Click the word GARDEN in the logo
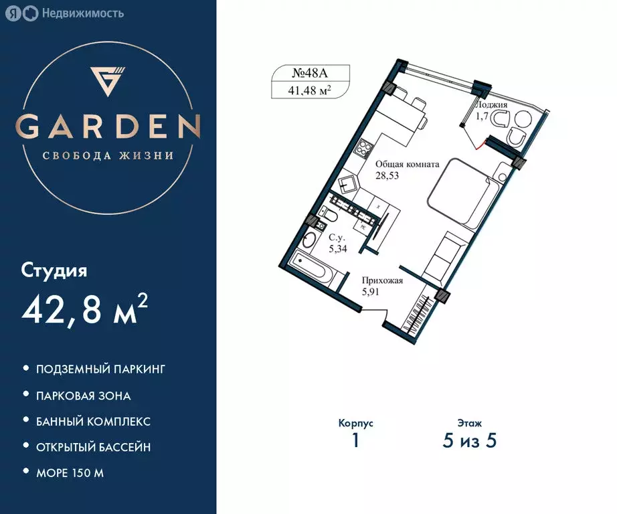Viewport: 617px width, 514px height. [108, 126]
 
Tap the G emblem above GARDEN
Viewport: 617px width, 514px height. [108, 79]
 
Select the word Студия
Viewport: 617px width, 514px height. [55, 271]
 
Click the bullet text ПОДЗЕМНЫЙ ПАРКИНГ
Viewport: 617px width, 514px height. [100, 369]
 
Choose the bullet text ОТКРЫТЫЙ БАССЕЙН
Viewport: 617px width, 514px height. [93, 446]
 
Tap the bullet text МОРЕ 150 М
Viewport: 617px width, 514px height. [70, 473]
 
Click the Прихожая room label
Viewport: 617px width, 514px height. [382, 281]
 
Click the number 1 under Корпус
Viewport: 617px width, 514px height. [355, 441]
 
